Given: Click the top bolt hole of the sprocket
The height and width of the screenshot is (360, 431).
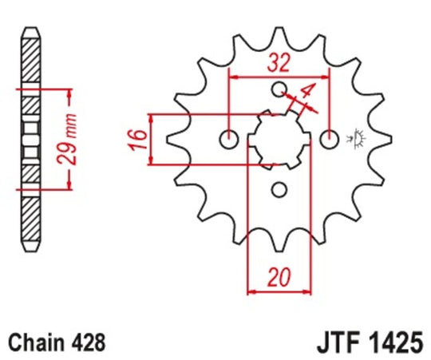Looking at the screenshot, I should point(279,88).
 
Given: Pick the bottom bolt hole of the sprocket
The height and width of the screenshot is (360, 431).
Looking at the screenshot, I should point(279,189).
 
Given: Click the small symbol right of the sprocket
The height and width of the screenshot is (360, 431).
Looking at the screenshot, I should point(354,138).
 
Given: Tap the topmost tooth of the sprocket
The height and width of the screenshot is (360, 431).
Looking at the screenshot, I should point(279,36).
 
